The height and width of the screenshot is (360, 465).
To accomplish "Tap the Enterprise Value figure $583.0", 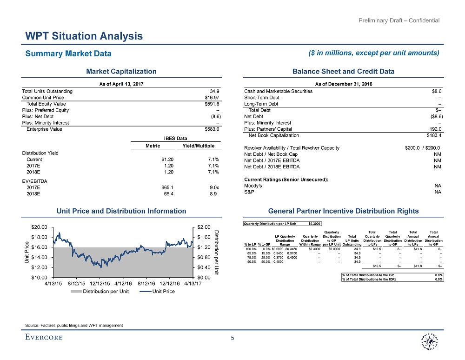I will pyautogui.click(x=212, y=129).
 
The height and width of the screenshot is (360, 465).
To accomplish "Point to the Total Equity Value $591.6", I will pyautogui.click(x=212, y=104).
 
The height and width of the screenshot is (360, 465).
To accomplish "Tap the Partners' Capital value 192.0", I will pyautogui.click(x=436, y=129).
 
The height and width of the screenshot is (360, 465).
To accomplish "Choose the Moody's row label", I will pyautogui.click(x=253, y=185).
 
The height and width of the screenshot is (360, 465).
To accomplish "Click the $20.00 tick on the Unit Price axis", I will pyautogui.click(x=39, y=227).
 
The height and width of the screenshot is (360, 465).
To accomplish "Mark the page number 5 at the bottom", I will pyautogui.click(x=232, y=339).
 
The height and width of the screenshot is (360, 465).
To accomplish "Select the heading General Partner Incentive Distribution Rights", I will pyautogui.click(x=342, y=211).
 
